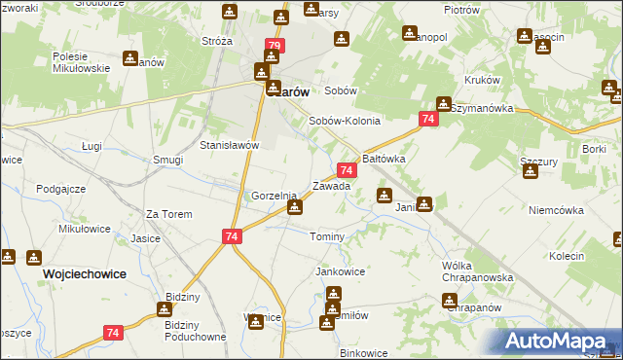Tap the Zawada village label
coord(331,185)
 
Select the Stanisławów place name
coord(228,145)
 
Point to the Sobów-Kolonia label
coord(344,122)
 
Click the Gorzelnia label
coord(274,196)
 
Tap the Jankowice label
coord(340,271)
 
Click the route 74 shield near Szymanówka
coord(427,119)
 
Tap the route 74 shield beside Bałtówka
coord(347,169)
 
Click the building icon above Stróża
coord(229,12)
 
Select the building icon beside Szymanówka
coord(444,103)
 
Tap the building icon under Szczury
coord(531,172)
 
